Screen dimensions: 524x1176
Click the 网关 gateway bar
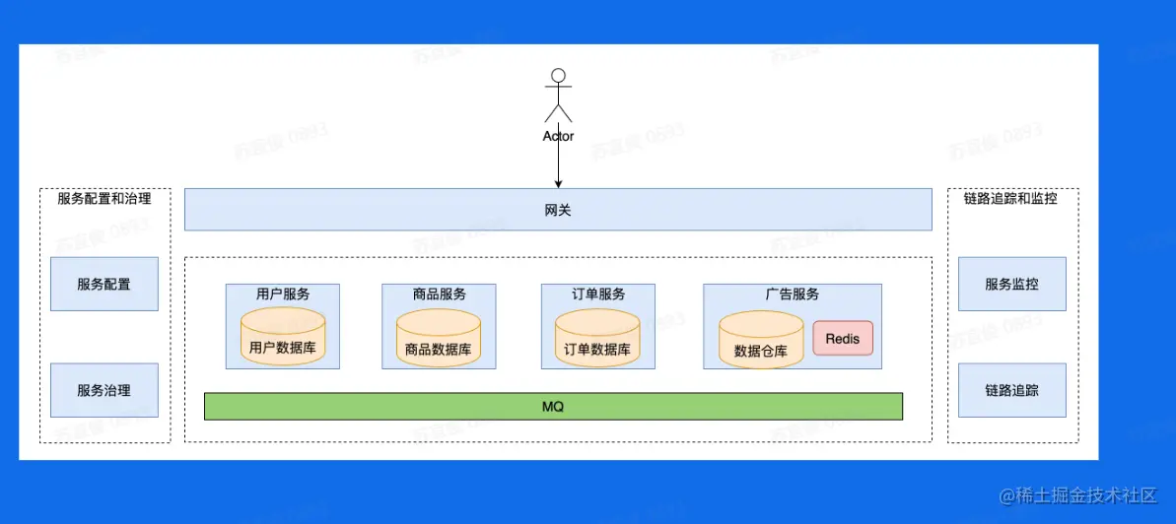pyautogui.click(x=558, y=210)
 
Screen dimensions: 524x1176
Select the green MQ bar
pyautogui.click(x=553, y=406)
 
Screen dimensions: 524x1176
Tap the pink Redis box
pyautogui.click(x=843, y=339)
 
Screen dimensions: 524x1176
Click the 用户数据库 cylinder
pyautogui.click(x=283, y=337)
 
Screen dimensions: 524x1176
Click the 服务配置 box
pyautogui.click(x=104, y=285)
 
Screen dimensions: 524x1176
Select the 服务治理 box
pyautogui.click(x=104, y=390)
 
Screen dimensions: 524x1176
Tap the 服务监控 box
pyautogui.click(x=1011, y=285)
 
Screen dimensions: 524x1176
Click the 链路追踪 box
pyautogui.click(x=1011, y=390)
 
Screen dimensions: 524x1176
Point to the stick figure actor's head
pyautogui.click(x=559, y=75)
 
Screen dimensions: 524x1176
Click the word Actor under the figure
pyautogui.click(x=558, y=136)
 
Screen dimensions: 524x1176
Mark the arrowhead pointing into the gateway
pyautogui.click(x=558, y=183)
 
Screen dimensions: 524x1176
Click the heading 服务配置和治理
pyautogui.click(x=104, y=198)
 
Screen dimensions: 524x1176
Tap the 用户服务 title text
pyautogui.click(x=283, y=294)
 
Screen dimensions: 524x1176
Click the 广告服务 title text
pyautogui.click(x=793, y=294)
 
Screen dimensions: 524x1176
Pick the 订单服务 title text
pyautogui.click(x=597, y=294)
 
